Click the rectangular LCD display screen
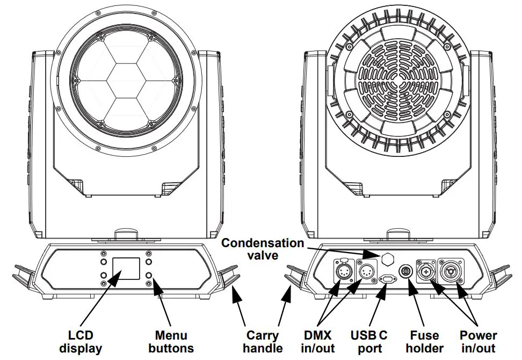[x=126, y=268]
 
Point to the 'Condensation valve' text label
[x=263, y=249]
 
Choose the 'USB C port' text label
[x=368, y=342]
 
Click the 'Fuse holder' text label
[x=425, y=342]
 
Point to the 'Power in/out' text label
[x=478, y=342]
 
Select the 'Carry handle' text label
[x=262, y=342]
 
